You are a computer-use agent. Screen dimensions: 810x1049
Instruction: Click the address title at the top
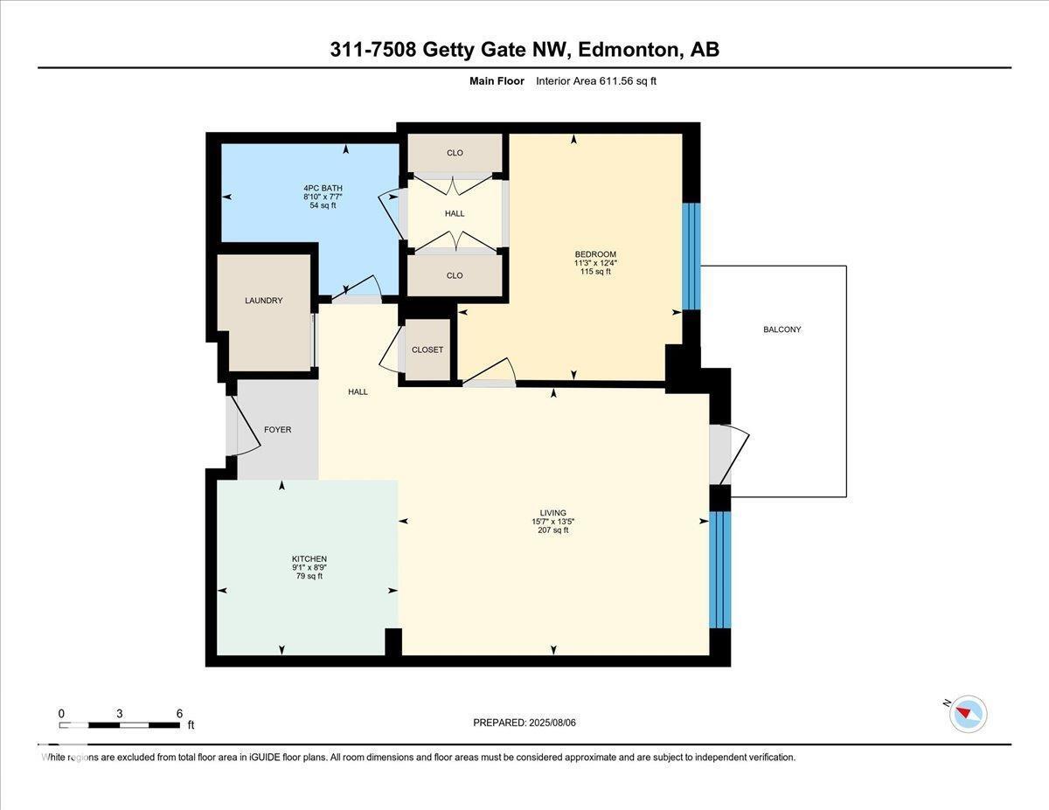point(524,50)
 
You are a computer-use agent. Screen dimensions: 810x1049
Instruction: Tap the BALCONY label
point(782,329)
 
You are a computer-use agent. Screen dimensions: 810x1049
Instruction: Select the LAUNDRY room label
point(263,301)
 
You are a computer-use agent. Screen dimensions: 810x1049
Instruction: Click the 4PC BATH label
point(323,188)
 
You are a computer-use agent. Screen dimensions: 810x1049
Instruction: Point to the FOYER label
point(277,430)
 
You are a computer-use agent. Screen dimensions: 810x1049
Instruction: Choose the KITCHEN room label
point(309,558)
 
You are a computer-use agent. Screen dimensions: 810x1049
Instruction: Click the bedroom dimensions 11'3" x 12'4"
point(595,263)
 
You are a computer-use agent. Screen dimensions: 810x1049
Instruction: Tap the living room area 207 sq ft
point(552,530)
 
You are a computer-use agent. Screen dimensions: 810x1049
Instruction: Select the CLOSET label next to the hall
point(427,350)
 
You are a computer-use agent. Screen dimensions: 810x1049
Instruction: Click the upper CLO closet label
point(455,153)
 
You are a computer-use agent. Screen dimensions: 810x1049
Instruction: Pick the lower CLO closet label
point(455,275)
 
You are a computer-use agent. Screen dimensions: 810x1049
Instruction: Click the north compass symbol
point(967,714)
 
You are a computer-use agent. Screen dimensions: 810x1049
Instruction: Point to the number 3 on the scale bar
point(119,713)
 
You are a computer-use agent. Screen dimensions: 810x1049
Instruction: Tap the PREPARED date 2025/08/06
point(525,723)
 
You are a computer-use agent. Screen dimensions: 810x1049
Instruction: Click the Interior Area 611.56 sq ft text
point(595,81)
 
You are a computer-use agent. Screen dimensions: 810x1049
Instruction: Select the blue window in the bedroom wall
point(691,256)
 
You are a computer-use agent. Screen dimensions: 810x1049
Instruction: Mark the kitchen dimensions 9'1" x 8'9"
point(309,567)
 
